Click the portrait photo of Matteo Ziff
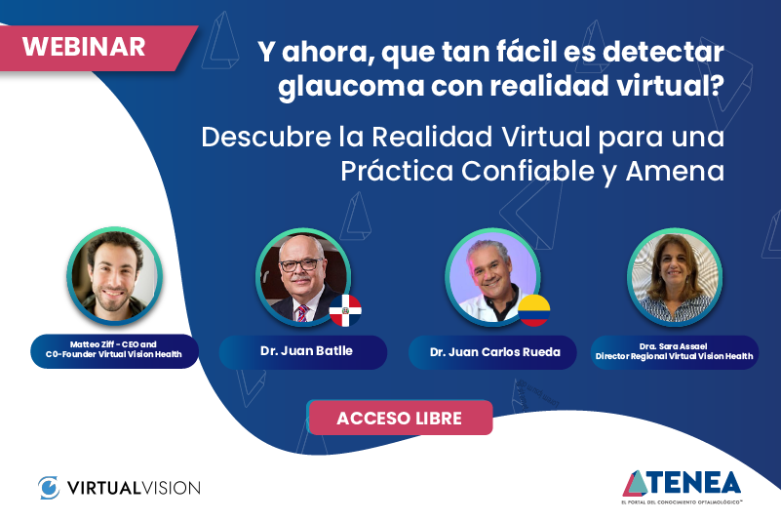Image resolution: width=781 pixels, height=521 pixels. (x=114, y=276)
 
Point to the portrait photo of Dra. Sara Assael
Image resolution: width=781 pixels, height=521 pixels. (x=674, y=277)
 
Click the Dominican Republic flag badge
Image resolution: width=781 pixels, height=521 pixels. (x=345, y=311)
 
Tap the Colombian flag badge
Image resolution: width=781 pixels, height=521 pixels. (x=533, y=310)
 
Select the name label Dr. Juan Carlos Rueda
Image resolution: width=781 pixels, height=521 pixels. (x=494, y=351)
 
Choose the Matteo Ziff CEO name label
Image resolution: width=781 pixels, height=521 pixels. (x=114, y=350)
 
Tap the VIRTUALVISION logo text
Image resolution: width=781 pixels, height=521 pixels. (x=134, y=486)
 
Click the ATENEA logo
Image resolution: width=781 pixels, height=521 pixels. (x=682, y=485)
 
